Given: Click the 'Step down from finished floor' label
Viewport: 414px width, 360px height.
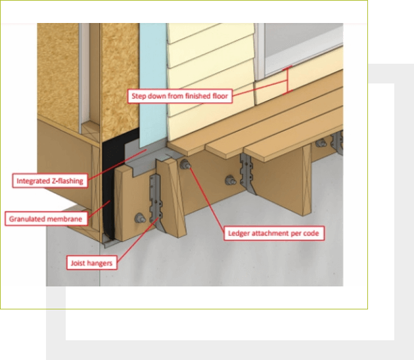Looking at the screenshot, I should coord(179,96).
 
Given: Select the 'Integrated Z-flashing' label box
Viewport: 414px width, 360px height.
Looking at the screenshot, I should coord(51,179).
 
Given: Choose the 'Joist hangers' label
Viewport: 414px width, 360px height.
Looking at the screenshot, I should coord(91,263).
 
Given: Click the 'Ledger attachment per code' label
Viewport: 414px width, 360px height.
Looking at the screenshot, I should coord(275,233).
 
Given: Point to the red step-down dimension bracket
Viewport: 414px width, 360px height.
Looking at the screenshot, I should coord(287,82).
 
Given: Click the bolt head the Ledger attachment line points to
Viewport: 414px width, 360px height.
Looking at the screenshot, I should coord(186,165).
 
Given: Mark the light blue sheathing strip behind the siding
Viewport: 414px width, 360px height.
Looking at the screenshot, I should coord(153,79).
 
